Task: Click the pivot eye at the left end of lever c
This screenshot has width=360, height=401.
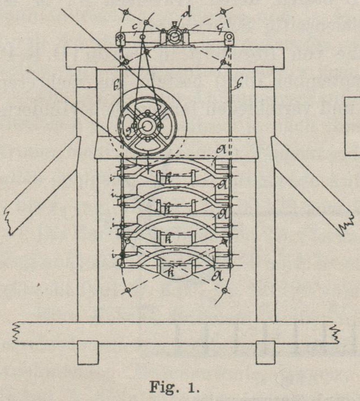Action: (x=120, y=39)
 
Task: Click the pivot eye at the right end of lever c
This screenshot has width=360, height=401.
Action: (x=228, y=38)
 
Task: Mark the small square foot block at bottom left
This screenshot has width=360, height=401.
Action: (x=88, y=352)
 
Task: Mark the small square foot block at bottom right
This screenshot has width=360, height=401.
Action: (x=266, y=352)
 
